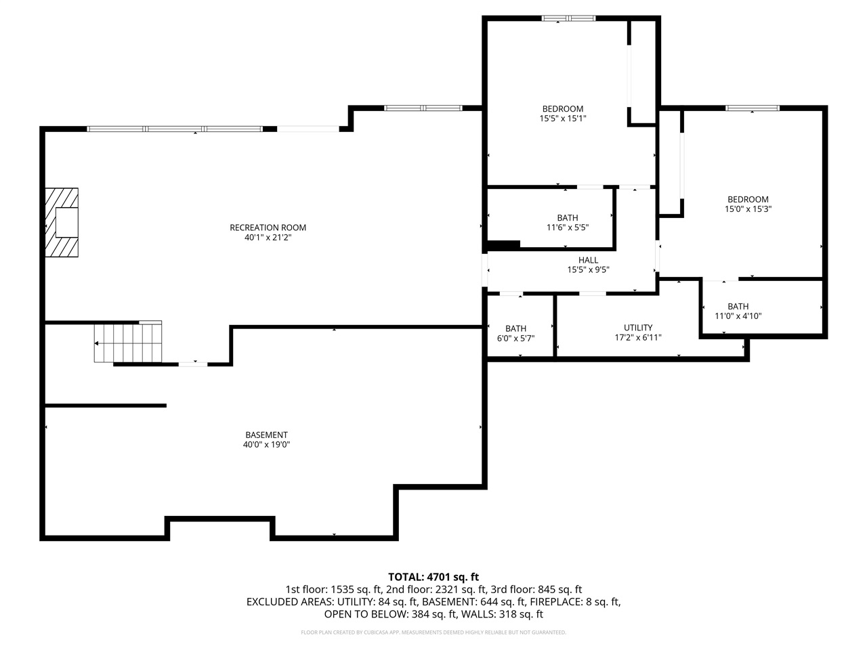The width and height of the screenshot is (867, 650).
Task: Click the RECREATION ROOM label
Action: pyautogui.click(x=268, y=227)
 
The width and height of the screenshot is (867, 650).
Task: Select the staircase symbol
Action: pyautogui.click(x=129, y=343)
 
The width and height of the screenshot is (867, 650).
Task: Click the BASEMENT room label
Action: pyautogui.click(x=266, y=435)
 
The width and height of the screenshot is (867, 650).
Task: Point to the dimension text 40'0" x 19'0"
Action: pyautogui.click(x=266, y=445)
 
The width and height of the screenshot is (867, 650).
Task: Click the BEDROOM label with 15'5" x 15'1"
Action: pyautogui.click(x=562, y=109)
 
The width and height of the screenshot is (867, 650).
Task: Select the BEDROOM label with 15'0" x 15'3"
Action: pyautogui.click(x=748, y=199)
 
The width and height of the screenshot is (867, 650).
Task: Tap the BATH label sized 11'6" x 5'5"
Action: pyautogui.click(x=568, y=217)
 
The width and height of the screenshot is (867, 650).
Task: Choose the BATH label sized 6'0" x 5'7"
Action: pyautogui.click(x=515, y=328)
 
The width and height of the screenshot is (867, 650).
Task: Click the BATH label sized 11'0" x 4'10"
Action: pyautogui.click(x=738, y=306)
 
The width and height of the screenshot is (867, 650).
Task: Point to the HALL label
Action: pyautogui.click(x=588, y=260)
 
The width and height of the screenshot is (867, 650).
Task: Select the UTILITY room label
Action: pyautogui.click(x=638, y=328)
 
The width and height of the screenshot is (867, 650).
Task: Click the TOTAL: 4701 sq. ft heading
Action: pyautogui.click(x=433, y=577)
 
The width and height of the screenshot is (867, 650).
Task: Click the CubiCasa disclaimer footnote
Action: pyautogui.click(x=433, y=632)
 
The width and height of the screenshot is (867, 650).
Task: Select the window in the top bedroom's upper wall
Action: pyautogui.click(x=568, y=18)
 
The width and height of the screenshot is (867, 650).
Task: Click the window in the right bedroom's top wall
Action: pyautogui.click(x=753, y=108)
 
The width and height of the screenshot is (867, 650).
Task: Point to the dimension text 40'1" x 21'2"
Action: pyautogui.click(x=268, y=238)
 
